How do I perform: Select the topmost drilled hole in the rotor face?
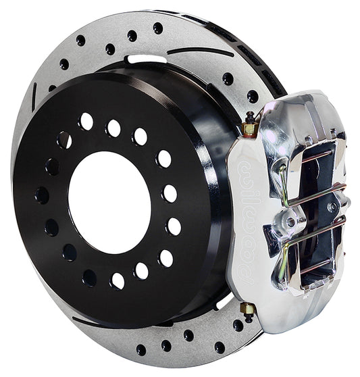[x=157, y=28]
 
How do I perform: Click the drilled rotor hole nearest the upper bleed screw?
[x=252, y=97]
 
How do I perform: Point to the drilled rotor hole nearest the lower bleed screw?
[x=238, y=325]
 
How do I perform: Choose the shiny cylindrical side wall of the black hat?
[x=203, y=135]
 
